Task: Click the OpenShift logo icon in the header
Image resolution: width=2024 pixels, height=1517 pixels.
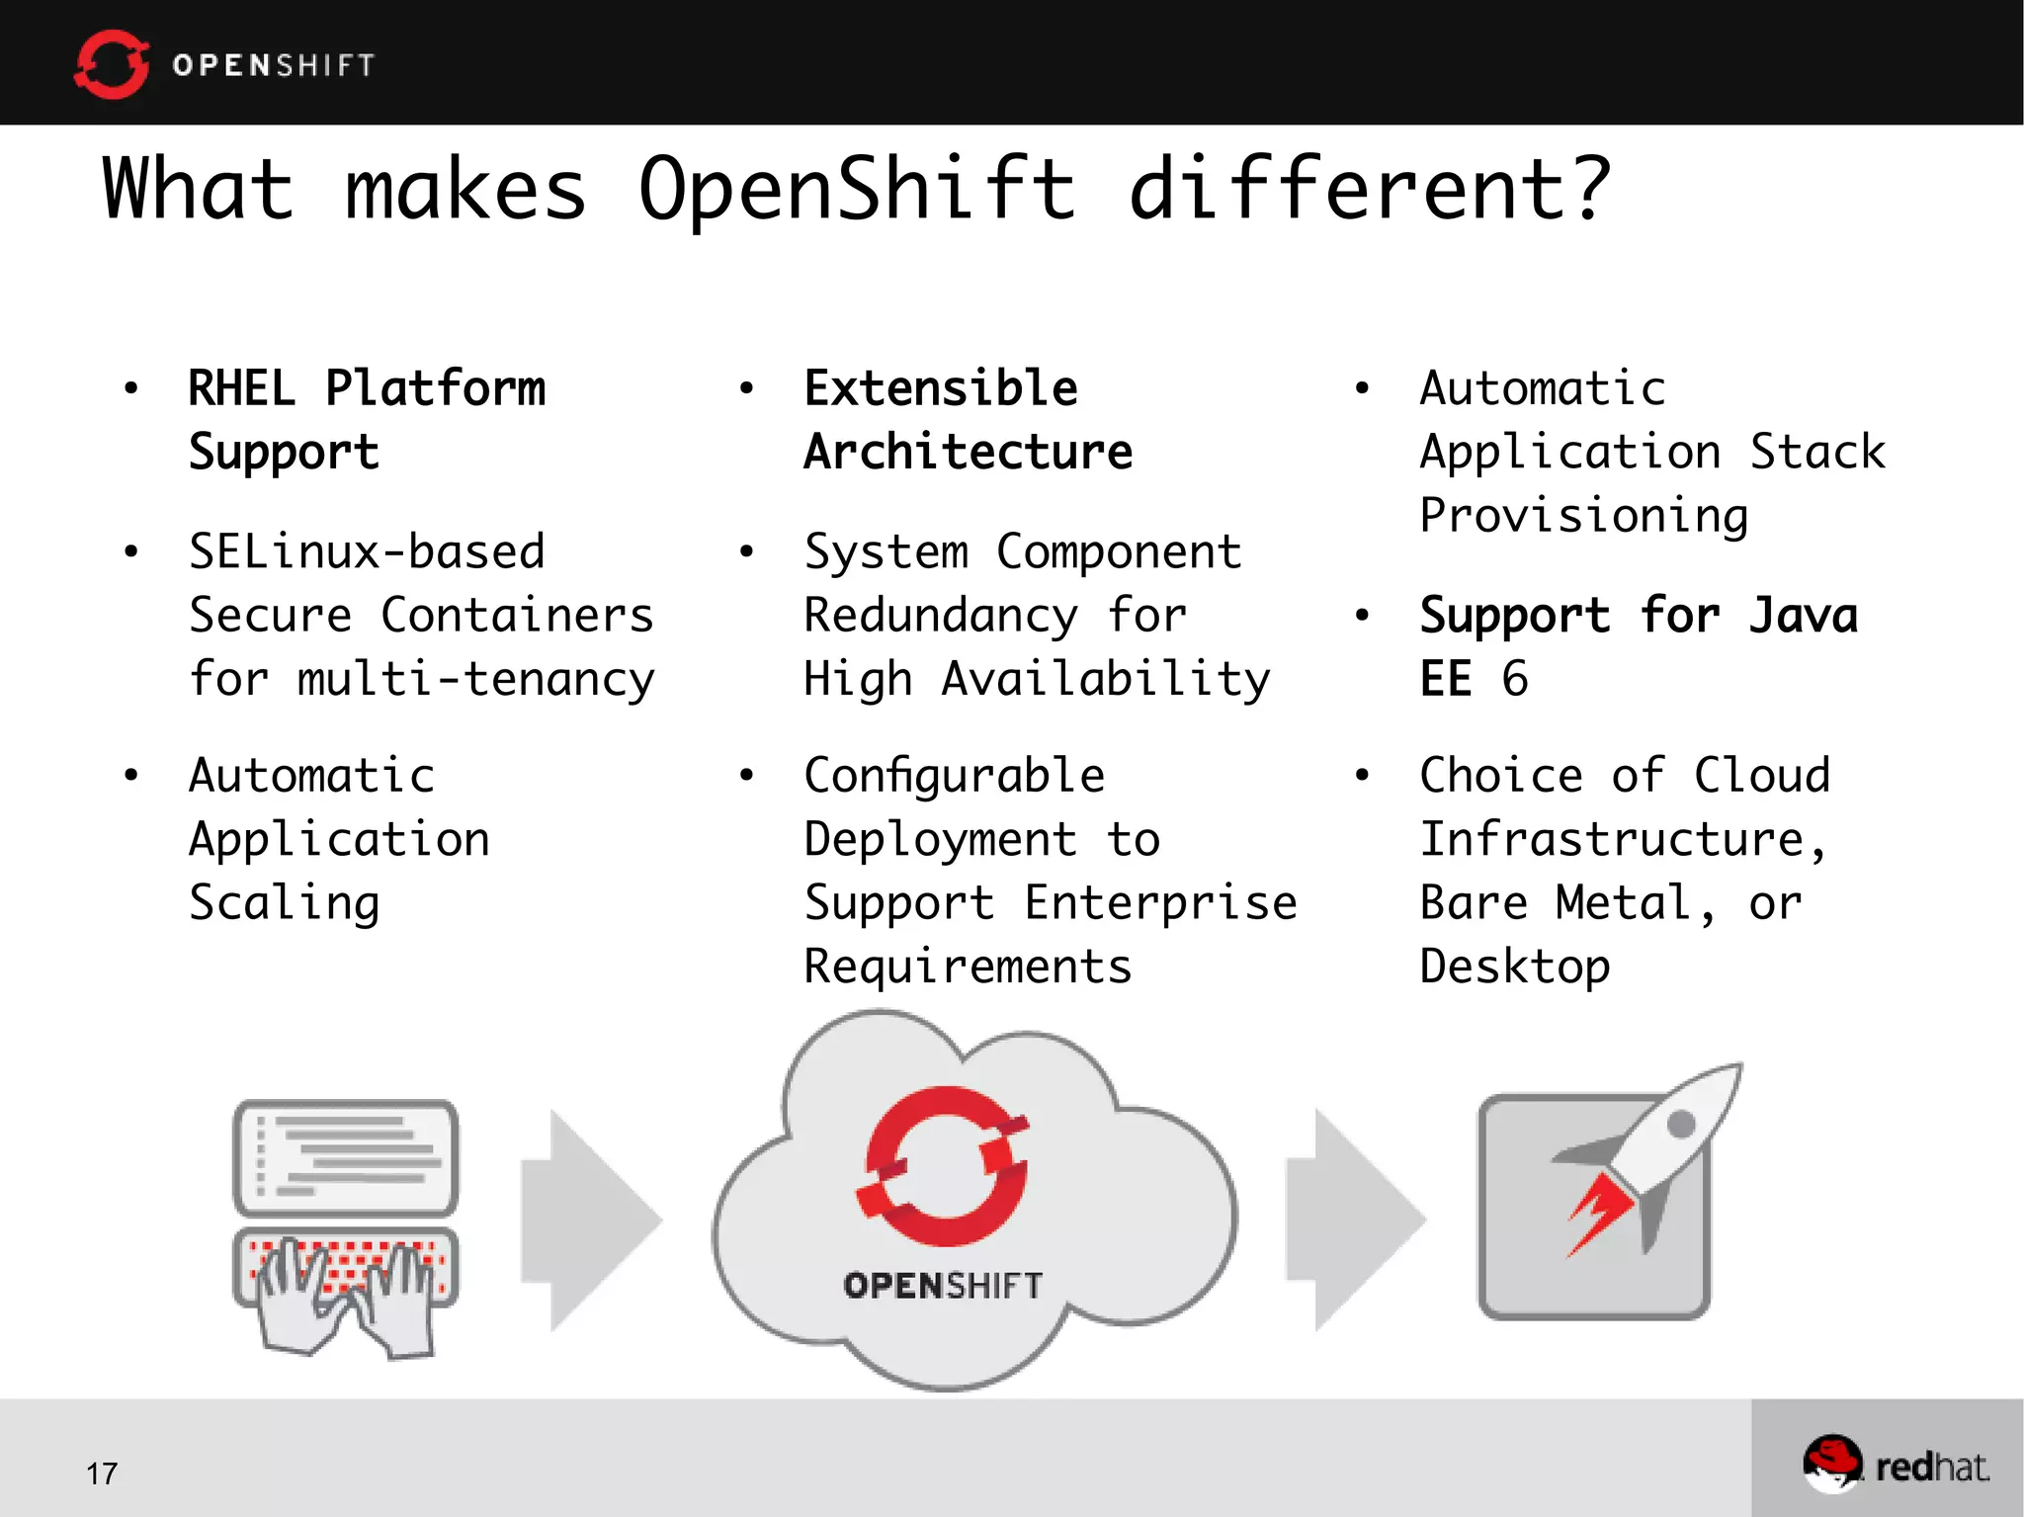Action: pos(112,64)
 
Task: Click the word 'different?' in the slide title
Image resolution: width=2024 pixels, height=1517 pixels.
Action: pos(1370,190)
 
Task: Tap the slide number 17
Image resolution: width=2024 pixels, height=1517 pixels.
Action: pos(101,1474)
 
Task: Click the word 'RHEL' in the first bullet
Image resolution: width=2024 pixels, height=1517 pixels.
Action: pos(241,388)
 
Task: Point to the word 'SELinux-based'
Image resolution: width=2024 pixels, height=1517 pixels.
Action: pos(367,551)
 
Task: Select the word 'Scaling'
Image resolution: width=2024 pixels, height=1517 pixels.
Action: pos(285,903)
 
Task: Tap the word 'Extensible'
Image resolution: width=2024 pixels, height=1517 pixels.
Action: pos(941,388)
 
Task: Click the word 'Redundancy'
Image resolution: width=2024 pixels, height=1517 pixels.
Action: pos(941,616)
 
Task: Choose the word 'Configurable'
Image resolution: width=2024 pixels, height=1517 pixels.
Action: pos(955,776)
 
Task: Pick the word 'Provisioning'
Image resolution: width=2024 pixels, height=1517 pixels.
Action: pos(1584,516)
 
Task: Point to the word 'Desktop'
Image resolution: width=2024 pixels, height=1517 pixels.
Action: pos(1515,967)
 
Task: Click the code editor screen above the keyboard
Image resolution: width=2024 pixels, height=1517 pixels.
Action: pos(346,1156)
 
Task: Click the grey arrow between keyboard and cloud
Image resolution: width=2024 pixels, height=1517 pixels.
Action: pos(591,1221)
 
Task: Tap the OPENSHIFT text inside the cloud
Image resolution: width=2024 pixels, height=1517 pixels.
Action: pos(943,1286)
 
